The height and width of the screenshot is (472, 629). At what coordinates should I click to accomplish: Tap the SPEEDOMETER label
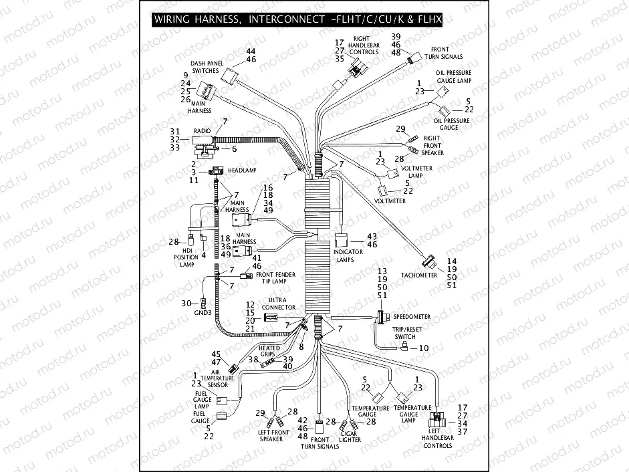pos(412,316)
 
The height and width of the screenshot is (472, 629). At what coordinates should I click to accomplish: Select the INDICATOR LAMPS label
pos(350,256)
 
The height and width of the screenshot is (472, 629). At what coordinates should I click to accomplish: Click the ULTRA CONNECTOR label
pos(282,304)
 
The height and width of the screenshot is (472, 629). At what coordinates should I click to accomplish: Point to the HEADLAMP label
pos(243,170)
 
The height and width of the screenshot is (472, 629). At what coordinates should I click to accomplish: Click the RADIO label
pos(202,130)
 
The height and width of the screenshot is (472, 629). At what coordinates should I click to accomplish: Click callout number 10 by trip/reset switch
pos(423,348)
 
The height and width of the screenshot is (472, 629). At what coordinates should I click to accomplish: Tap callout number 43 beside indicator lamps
pos(372,237)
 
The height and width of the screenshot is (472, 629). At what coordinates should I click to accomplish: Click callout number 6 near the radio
pos(234,148)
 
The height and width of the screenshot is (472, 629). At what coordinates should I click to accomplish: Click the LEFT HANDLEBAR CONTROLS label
pos(438,441)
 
